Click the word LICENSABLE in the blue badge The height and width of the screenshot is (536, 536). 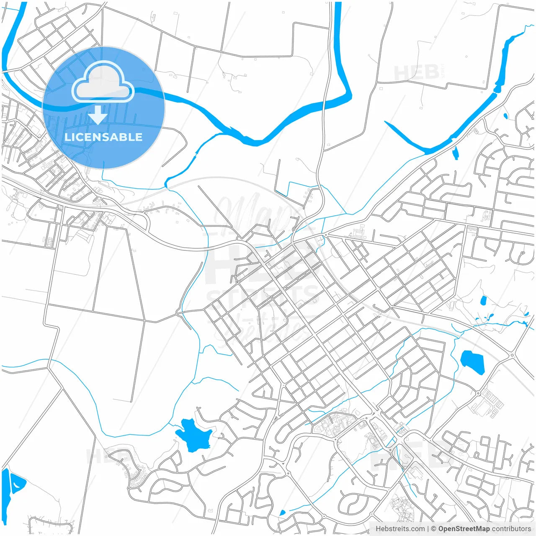tap(103, 137)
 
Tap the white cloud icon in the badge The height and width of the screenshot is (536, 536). tap(103, 83)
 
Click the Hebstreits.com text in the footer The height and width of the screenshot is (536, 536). tap(400, 529)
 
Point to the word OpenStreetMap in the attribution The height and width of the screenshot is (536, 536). tap(464, 529)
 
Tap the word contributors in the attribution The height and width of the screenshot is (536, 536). tap(511, 529)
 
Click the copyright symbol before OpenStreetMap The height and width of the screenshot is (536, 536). tap(434, 529)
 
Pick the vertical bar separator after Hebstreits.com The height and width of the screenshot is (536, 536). tap(428, 529)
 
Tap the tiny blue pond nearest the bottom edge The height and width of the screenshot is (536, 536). tap(282, 513)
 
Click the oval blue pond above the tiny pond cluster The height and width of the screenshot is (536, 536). tap(483, 300)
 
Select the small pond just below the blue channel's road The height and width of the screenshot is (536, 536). tap(455, 153)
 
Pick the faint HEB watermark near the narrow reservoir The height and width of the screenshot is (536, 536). tap(416, 72)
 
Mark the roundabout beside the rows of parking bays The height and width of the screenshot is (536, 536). tap(478, 393)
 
